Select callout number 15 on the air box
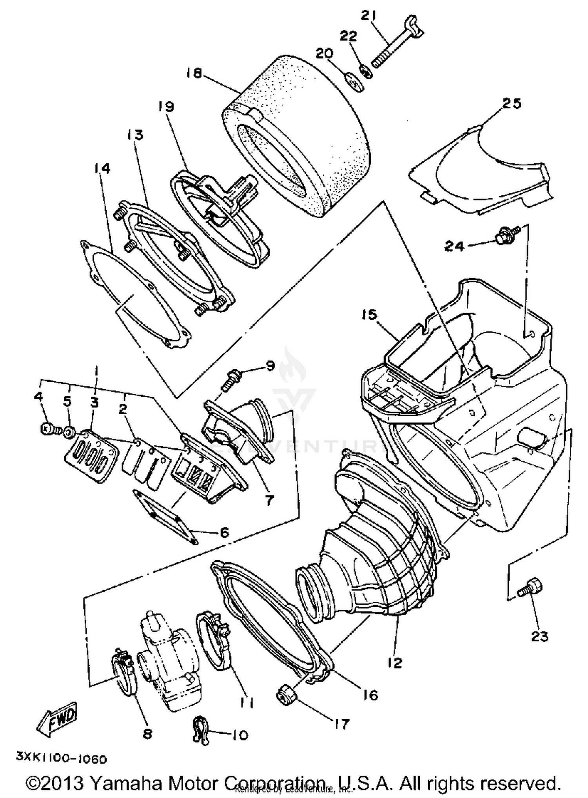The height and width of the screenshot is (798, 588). pyautogui.click(x=369, y=315)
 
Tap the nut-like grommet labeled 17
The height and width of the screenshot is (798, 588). pyautogui.click(x=287, y=696)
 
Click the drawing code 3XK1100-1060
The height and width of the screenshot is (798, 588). pyautogui.click(x=62, y=759)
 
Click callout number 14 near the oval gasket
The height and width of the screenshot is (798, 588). pyautogui.click(x=102, y=168)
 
